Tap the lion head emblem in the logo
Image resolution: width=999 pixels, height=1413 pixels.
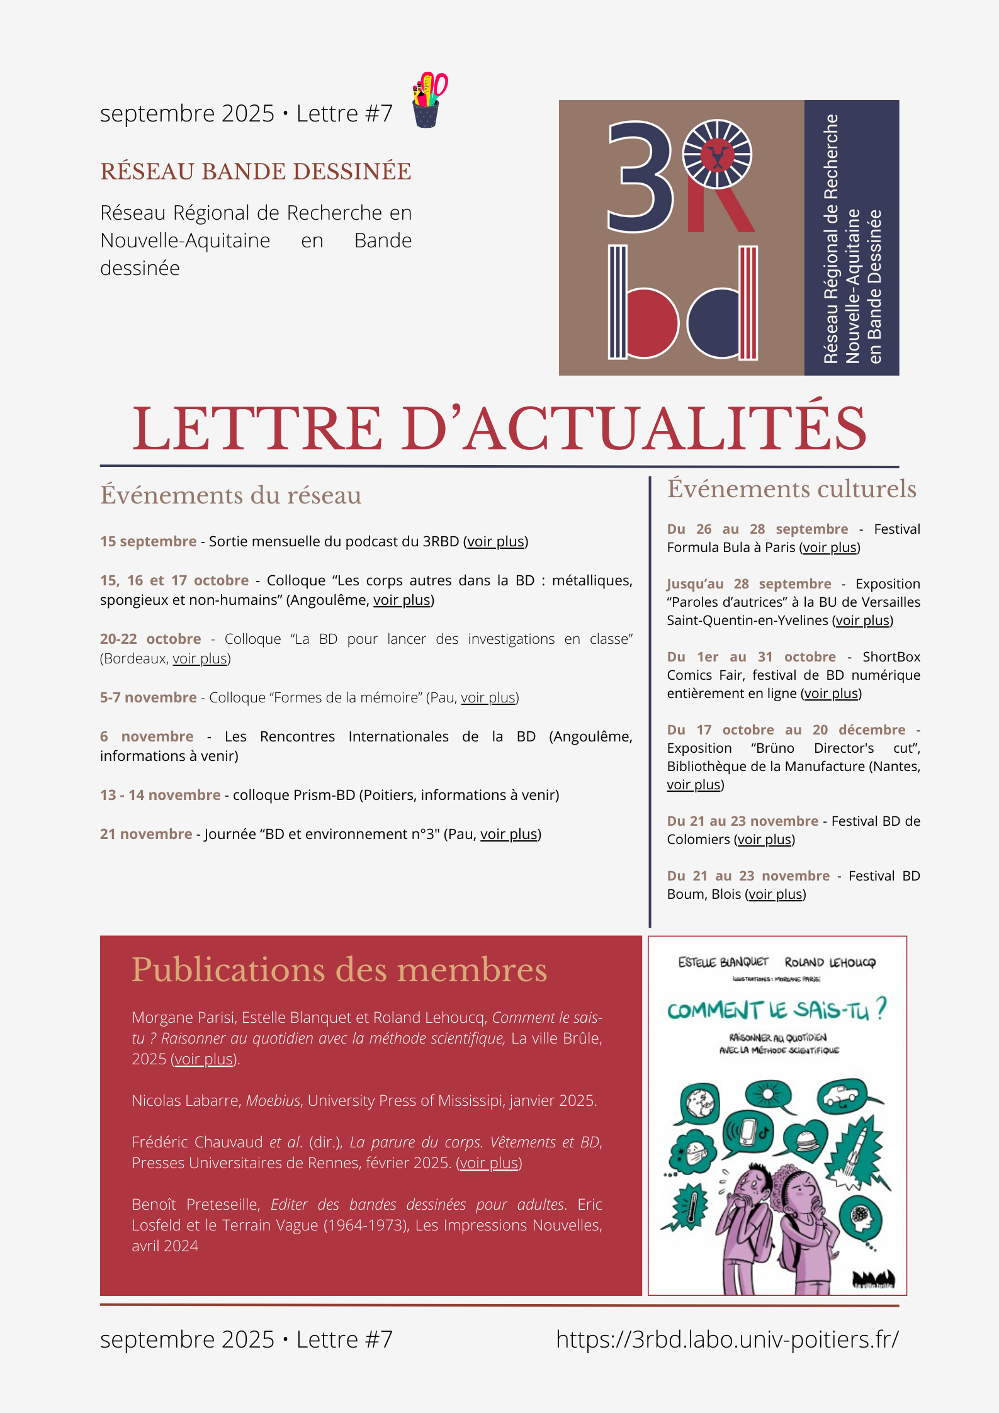point(717,154)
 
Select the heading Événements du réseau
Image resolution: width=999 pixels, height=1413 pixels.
point(230,495)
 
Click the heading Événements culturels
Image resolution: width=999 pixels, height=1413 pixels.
point(791,489)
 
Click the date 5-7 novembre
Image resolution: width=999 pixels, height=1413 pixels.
point(149,697)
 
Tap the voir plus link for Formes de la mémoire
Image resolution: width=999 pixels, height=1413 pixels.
point(488,698)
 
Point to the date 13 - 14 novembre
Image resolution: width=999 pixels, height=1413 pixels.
point(160,795)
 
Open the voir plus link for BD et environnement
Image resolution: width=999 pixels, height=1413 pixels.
point(509,835)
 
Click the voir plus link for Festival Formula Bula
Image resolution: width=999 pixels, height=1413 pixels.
point(830,548)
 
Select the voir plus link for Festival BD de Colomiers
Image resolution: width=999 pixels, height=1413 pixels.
point(765,840)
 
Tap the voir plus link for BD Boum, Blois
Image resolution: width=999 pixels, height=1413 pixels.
point(776,894)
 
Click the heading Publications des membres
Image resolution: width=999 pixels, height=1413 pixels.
point(339,970)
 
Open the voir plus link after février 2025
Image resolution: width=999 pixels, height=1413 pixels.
point(489,1163)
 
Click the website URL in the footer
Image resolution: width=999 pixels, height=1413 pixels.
point(727,1339)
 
